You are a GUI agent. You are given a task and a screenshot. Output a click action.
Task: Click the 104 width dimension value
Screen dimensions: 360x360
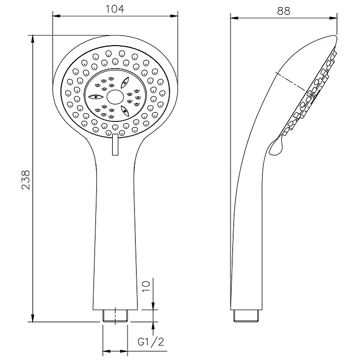point(115,9)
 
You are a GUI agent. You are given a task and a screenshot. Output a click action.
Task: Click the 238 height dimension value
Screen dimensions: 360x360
point(26,180)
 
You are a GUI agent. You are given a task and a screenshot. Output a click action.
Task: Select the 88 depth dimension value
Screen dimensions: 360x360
point(284,11)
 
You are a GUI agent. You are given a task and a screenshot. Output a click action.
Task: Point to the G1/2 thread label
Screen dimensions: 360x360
point(151,342)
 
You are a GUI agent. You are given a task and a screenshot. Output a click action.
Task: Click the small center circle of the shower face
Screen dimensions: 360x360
point(115,97)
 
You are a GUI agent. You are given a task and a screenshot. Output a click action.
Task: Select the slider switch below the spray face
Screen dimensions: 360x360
point(115,144)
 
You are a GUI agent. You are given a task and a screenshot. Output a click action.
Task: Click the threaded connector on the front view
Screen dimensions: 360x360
point(115,316)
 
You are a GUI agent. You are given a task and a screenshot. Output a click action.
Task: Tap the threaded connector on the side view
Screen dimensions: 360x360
point(246,316)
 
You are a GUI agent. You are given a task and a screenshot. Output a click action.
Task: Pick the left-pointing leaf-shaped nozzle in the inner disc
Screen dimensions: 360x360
point(96,97)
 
